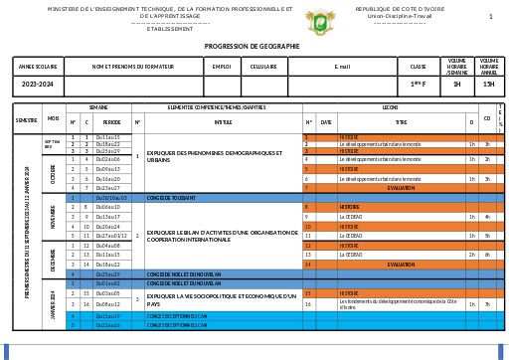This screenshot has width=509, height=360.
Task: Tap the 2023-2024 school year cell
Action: [x=37, y=85]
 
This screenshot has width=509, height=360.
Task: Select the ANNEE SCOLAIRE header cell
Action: [x=37, y=67]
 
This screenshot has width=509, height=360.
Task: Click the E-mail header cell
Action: [x=343, y=67]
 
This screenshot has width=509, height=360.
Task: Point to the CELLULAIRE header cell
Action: [x=263, y=67]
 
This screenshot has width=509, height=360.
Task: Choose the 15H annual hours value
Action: [x=488, y=85]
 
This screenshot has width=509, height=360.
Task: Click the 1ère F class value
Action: [x=419, y=85]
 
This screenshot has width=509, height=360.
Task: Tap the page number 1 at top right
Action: [x=490, y=17]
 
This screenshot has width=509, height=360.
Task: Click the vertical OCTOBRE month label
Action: [x=53, y=172]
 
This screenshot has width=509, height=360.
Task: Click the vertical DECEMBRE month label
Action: [x=53, y=258]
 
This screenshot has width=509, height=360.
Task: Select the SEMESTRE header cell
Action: [x=26, y=119]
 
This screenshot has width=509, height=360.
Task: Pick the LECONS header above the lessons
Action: [x=390, y=105]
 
